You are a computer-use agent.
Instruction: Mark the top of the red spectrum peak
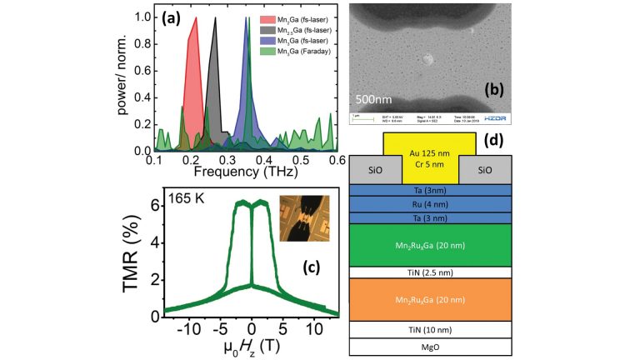click(x=195, y=18)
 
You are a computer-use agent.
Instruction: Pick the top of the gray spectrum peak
click(x=216, y=18)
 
